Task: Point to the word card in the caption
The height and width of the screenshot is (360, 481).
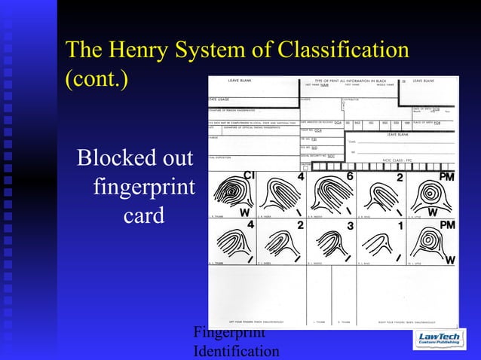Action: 144,215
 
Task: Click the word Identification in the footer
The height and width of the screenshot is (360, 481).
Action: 236,351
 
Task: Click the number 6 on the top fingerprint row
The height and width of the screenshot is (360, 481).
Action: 349,176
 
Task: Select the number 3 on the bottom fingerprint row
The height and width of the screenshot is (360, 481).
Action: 349,226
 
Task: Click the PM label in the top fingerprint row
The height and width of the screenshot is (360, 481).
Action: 448,176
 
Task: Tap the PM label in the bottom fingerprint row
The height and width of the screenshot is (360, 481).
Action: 448,225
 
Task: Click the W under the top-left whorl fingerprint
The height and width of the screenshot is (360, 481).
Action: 244,212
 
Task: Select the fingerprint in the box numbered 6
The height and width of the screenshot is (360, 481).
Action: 329,194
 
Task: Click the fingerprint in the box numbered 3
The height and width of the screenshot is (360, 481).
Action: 329,243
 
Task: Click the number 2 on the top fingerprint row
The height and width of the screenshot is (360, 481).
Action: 400,178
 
